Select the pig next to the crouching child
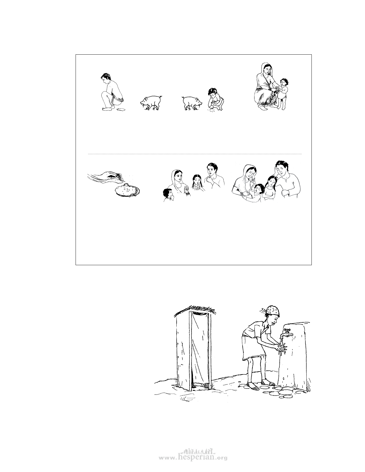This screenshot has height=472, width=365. tap(192, 103)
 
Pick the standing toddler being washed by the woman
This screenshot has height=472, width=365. tap(282, 94)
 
